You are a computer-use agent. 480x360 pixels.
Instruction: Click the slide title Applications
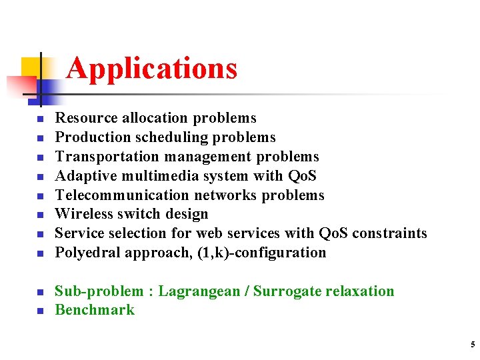[152, 68]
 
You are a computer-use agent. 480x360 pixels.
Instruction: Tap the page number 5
[473, 345]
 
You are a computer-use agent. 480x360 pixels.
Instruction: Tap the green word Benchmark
[95, 310]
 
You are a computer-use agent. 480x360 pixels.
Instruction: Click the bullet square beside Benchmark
[39, 311]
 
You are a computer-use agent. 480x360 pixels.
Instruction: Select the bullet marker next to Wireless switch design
[39, 215]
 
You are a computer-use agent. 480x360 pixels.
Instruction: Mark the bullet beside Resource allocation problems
[39, 119]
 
